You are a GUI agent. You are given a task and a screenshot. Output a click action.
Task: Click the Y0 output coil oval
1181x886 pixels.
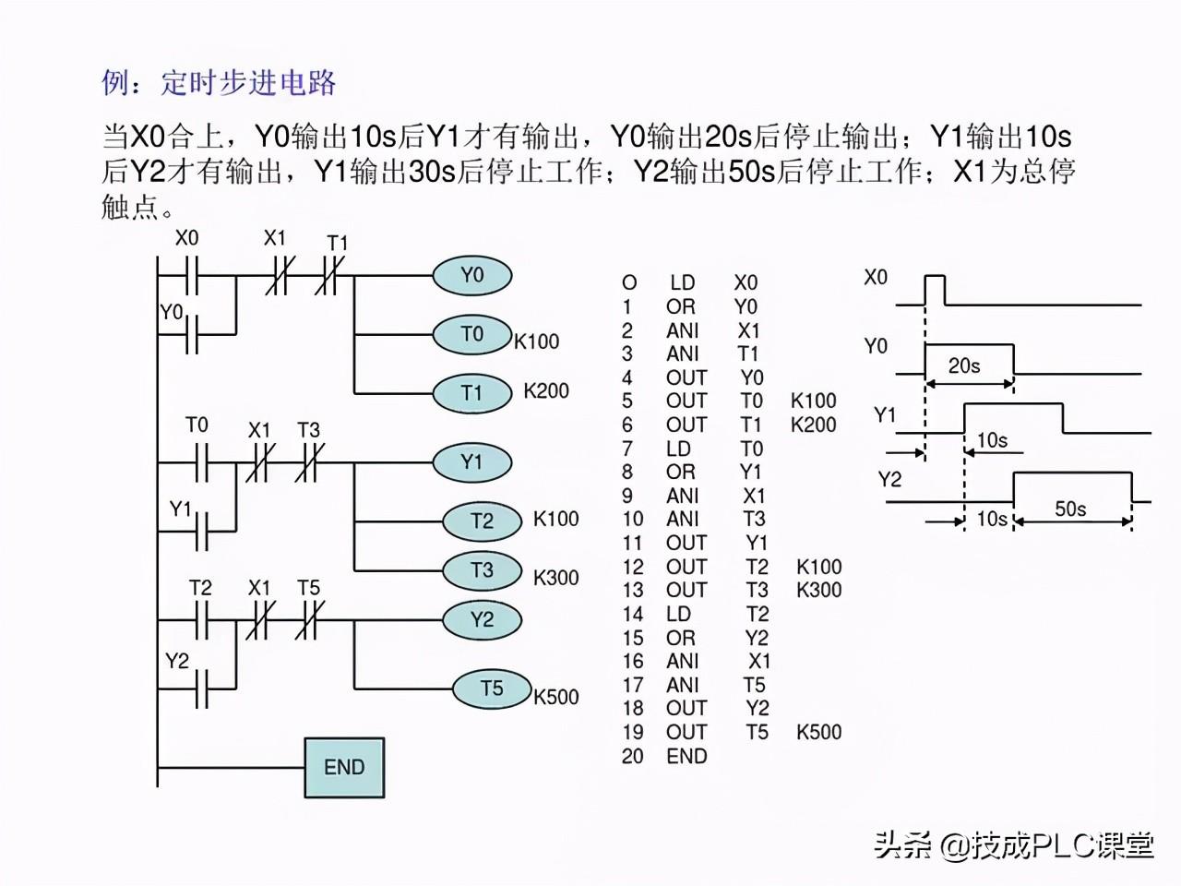(472, 275)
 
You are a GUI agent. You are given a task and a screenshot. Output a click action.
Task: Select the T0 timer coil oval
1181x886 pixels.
(472, 335)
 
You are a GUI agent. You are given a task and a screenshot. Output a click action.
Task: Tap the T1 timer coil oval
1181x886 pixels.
(472, 393)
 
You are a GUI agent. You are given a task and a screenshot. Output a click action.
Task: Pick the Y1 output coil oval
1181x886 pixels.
(472, 462)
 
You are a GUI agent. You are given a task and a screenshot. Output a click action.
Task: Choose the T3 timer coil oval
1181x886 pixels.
(482, 570)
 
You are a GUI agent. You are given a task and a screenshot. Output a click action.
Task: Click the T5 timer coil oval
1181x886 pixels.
(492, 688)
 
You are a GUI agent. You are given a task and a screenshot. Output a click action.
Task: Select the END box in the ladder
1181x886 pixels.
(344, 768)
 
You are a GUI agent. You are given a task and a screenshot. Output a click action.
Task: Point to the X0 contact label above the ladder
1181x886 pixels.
(186, 238)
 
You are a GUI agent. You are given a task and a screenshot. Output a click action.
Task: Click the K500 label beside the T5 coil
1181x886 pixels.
(555, 697)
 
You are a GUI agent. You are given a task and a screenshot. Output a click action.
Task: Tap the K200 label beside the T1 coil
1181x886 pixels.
(546, 391)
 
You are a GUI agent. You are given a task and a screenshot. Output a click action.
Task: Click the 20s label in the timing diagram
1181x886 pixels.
(963, 365)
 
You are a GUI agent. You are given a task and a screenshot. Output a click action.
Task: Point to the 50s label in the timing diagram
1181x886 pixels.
(1070, 509)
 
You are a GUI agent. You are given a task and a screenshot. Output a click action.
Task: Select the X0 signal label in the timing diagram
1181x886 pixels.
(876, 278)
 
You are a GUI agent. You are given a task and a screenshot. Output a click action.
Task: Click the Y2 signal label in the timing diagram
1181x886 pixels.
(890, 479)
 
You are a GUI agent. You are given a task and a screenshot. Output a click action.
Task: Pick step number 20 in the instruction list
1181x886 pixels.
(633, 757)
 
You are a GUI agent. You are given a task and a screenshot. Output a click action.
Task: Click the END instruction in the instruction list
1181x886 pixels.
(686, 757)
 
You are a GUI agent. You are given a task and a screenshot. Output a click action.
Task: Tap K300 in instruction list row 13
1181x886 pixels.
(819, 590)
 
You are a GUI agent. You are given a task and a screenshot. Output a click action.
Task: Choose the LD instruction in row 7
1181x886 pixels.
(678, 449)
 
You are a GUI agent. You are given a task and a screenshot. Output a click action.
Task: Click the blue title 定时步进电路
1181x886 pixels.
(248, 83)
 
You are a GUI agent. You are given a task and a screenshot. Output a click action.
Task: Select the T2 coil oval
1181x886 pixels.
(482, 521)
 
